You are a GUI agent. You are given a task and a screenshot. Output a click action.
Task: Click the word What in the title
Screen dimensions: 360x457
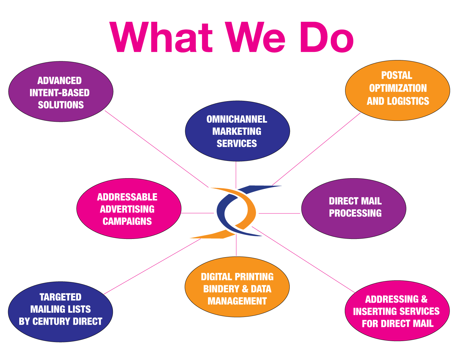161,37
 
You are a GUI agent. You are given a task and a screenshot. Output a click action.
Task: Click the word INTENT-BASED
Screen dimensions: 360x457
59,93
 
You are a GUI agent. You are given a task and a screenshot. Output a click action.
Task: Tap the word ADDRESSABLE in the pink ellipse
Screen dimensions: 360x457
127,197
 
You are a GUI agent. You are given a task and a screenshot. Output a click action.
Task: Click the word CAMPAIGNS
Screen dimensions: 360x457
127,221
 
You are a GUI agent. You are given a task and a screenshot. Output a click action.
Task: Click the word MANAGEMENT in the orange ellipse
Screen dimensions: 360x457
237,301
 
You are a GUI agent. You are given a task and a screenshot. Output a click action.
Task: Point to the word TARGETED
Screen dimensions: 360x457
60,297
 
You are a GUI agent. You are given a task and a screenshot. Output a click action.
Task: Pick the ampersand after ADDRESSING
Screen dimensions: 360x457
424,299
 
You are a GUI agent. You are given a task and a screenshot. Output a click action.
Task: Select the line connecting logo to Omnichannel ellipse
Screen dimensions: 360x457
236,174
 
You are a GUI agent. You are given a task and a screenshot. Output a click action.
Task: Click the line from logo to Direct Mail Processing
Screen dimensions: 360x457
279,213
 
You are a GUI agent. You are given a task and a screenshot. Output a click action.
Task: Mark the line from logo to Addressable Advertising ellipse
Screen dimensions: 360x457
197,213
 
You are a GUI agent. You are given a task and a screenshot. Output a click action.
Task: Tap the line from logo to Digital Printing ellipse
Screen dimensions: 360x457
236,246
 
